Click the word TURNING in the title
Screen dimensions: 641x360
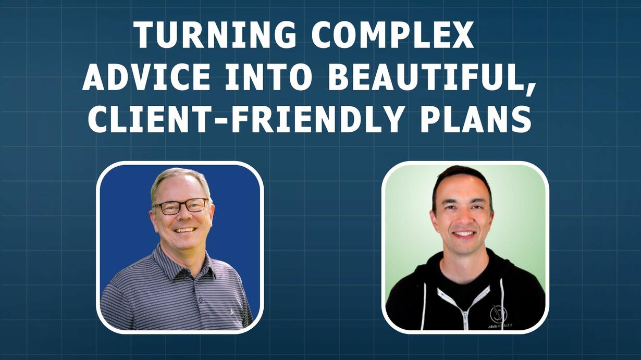(215, 35)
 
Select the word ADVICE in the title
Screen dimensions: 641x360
(146, 77)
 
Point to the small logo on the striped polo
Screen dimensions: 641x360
(232, 312)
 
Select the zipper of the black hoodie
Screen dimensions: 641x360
(465, 318)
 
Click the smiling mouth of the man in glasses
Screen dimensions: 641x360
(186, 230)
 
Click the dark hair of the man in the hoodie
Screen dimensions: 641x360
(462, 176)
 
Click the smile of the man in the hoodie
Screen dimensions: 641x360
(464, 234)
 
